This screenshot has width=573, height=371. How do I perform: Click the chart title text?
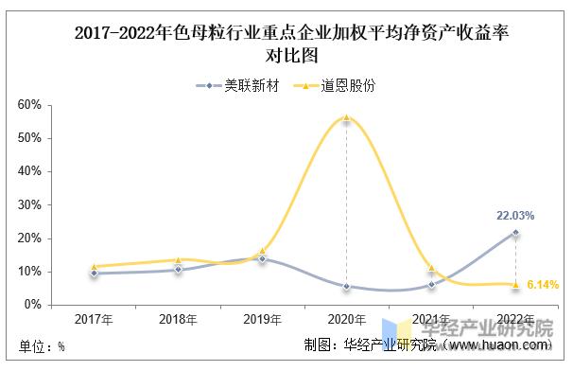click(x=286, y=44)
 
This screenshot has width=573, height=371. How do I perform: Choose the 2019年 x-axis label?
click(x=262, y=319)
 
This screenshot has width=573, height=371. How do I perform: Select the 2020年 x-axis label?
click(x=346, y=319)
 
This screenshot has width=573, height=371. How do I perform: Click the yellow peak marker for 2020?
click(x=346, y=118)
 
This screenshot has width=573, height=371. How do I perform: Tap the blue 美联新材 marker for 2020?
click(x=346, y=286)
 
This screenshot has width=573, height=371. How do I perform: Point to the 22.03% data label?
click(x=515, y=216)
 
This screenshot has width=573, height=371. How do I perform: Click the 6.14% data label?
click(x=543, y=284)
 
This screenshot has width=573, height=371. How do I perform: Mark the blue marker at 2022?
click(x=515, y=232)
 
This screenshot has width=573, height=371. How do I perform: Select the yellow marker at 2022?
click(x=515, y=284)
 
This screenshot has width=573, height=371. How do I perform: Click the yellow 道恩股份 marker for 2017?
click(x=93, y=266)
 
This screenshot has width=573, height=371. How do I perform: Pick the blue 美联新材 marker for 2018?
click(x=177, y=270)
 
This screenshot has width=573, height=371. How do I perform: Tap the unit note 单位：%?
click(x=43, y=346)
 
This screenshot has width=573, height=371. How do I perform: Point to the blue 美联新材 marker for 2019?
click(x=262, y=258)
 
